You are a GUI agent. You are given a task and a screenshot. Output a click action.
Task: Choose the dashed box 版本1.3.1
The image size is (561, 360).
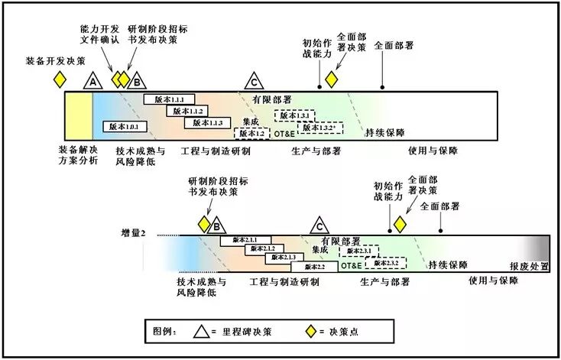click(295, 115)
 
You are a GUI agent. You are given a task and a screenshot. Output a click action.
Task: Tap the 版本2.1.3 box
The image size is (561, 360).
click(280, 258)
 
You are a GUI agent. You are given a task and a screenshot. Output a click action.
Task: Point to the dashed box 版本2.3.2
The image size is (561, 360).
click(385, 262)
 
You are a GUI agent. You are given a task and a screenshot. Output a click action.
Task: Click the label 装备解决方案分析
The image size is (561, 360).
click(79, 154)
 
